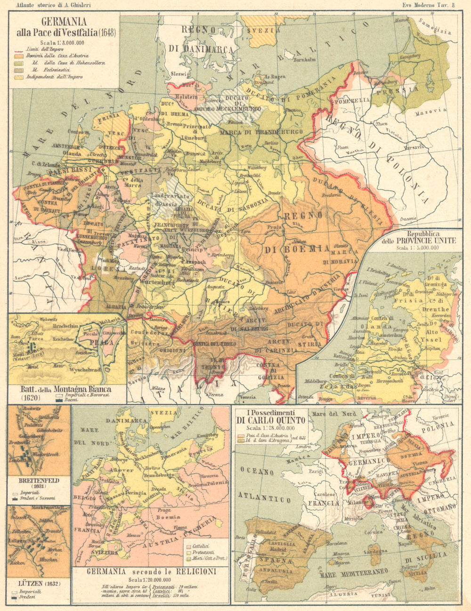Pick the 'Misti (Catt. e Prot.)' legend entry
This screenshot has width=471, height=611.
click(205, 558)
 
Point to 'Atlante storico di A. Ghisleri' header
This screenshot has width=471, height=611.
click(53, 6)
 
